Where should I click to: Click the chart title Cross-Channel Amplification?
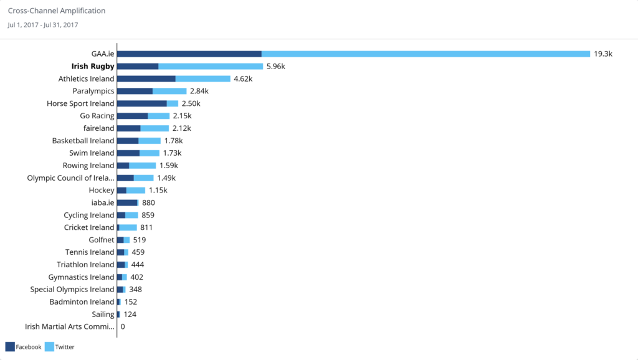point(57,11)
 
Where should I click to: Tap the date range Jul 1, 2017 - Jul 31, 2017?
point(43,25)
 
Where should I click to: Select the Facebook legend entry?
point(24,347)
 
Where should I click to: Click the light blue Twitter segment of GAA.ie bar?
point(426,54)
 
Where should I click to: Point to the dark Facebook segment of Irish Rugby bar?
point(138,67)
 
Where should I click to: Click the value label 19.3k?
point(603,54)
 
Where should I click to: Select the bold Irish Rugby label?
point(93,67)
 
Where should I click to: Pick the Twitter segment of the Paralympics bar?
point(169,92)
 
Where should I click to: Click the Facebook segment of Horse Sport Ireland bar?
point(142,103)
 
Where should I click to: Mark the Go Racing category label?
point(97,116)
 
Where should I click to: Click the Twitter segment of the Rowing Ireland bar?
point(143,166)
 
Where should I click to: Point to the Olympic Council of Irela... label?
point(71,178)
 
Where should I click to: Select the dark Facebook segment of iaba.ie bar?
point(127,202)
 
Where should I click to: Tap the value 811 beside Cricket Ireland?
point(146,227)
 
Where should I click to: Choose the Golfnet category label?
point(102,240)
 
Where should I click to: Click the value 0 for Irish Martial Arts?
point(123,326)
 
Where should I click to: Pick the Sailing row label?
point(103,315)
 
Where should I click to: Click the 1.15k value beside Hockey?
point(158,191)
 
